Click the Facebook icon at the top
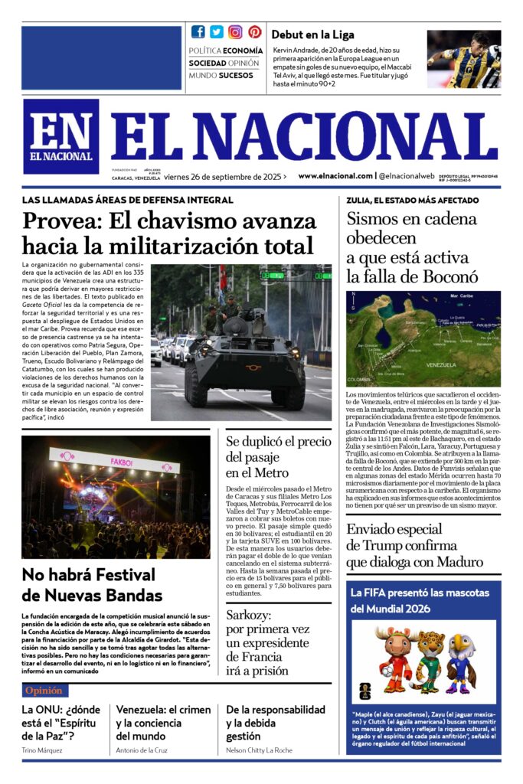point(198,31)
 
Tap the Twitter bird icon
point(217,31)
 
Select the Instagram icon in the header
point(235,31)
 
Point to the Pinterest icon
point(254,31)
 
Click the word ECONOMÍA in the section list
point(243,51)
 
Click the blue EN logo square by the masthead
point(60,136)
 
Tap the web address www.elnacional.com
point(335,175)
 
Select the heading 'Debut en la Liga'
point(312,34)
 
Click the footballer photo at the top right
point(463,59)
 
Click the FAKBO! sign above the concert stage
point(123,462)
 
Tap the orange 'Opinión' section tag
point(44,691)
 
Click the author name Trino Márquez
point(42,750)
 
